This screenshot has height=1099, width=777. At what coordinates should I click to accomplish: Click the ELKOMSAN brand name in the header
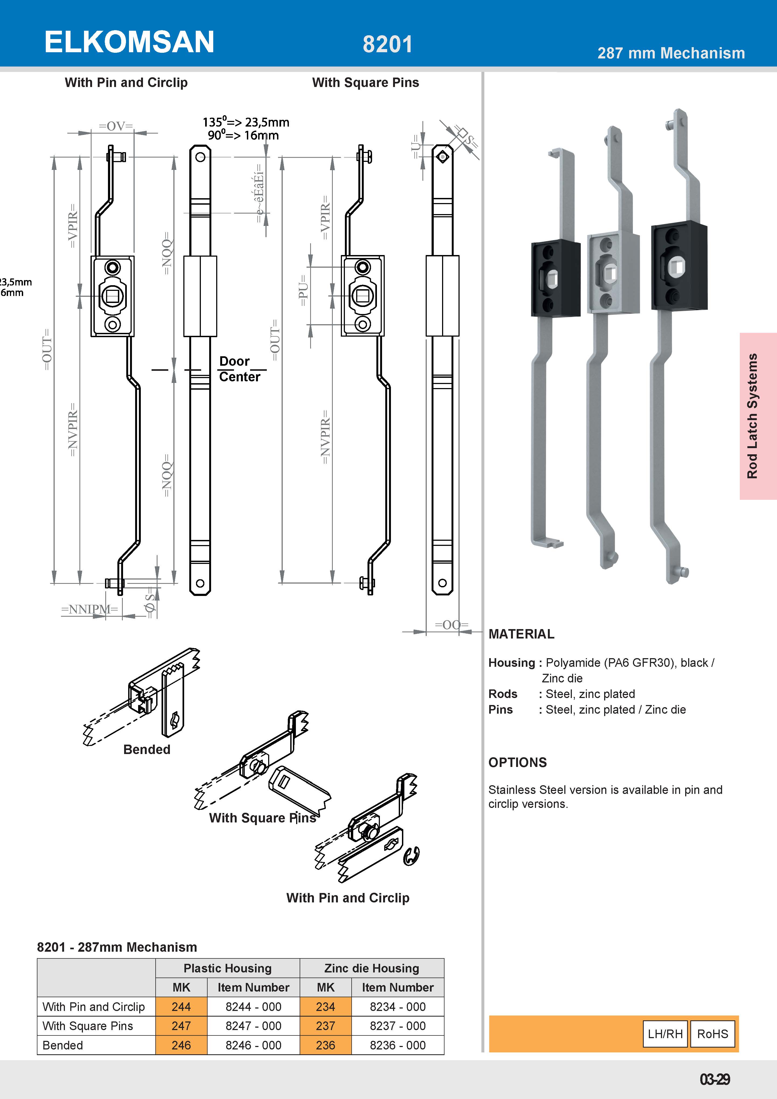[129, 42]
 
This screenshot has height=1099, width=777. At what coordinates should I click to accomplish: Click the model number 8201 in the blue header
[387, 44]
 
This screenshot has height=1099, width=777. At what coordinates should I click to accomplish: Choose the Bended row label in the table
[63, 1045]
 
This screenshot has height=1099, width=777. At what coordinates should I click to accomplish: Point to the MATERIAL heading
[521, 634]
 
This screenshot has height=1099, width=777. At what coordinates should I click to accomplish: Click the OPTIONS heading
[517, 762]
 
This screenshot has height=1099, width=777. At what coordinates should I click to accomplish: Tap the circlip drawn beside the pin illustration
[411, 856]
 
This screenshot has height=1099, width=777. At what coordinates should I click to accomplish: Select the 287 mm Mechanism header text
[671, 53]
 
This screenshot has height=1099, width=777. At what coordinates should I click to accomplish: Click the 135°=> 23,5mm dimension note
[246, 123]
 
